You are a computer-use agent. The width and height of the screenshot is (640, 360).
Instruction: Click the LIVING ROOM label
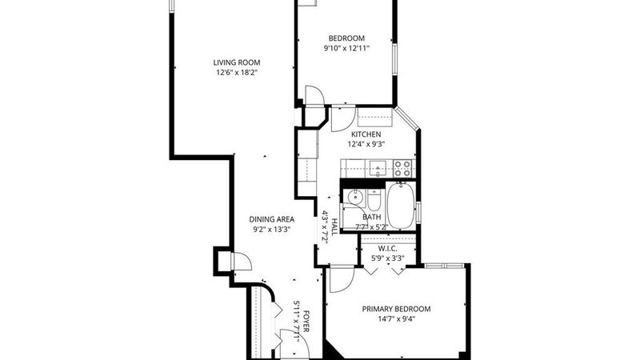[237, 62]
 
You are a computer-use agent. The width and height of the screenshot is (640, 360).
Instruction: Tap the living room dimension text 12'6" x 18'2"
[237, 73]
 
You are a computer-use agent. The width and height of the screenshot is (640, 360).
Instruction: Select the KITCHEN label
[366, 134]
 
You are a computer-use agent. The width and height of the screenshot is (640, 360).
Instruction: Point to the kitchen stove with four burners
[403, 168]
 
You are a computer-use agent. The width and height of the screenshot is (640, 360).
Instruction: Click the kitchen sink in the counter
[378, 168]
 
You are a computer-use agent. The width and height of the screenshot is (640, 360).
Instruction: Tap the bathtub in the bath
[401, 206]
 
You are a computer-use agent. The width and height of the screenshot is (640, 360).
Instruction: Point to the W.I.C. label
[387, 249]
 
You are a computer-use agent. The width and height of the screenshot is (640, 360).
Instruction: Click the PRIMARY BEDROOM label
[396, 309]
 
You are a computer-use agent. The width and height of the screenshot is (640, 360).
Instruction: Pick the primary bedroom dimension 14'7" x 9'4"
[396, 318]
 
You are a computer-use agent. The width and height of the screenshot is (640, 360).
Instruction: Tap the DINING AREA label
[272, 219]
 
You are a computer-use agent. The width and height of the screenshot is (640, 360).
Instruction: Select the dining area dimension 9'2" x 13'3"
[272, 230]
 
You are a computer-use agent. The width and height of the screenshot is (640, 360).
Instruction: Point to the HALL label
[334, 226]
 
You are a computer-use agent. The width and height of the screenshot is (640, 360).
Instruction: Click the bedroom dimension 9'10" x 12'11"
[346, 48]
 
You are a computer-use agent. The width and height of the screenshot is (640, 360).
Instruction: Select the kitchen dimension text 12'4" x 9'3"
[366, 144]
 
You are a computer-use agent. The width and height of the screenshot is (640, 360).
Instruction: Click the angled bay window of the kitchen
[407, 118]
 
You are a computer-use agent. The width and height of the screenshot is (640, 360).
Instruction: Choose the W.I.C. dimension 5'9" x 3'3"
[387, 258]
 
